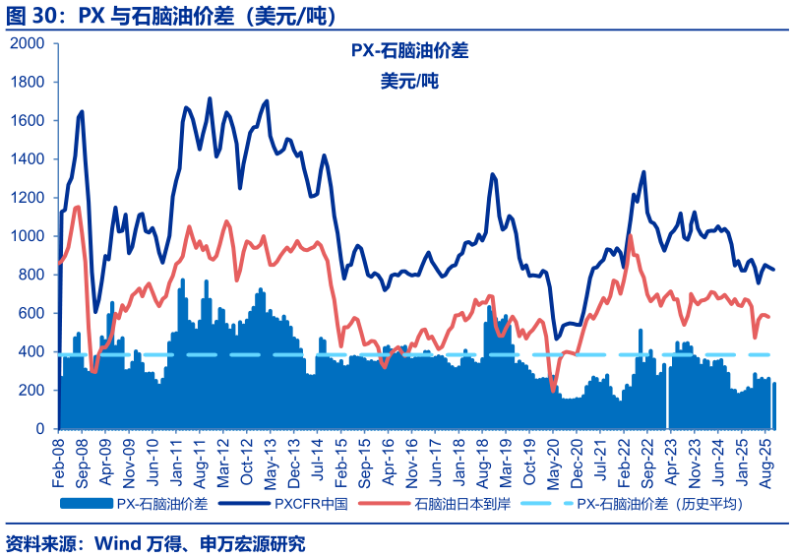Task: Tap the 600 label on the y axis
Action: pyautogui.click(x=35, y=313)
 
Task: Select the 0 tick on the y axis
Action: pyautogui.click(x=41, y=429)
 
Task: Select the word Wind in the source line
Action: pyautogui.click(x=122, y=542)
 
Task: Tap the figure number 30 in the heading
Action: pyautogui.click(x=48, y=16)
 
